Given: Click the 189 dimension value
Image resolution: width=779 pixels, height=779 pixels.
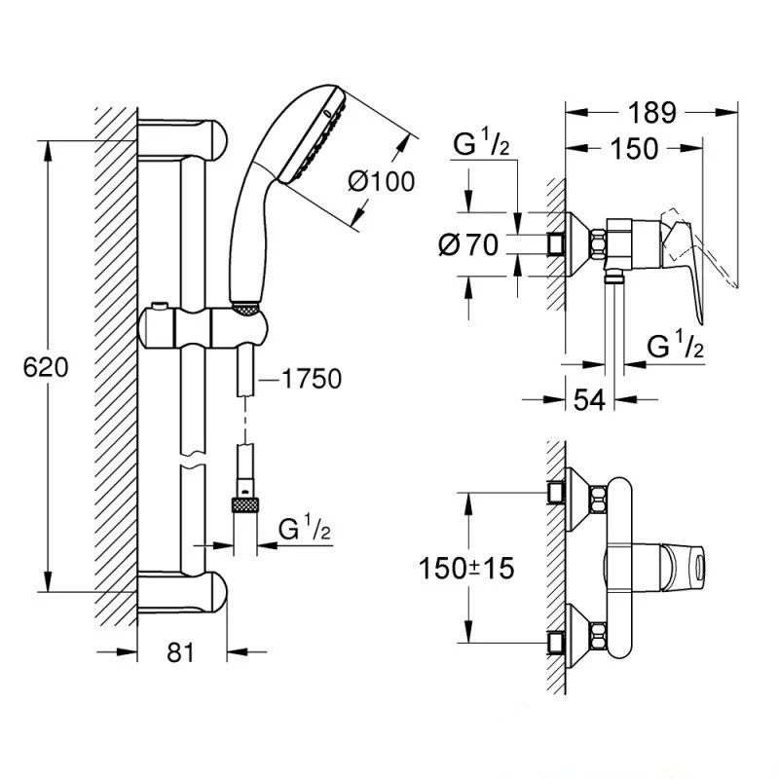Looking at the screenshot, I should pyautogui.click(x=650, y=113).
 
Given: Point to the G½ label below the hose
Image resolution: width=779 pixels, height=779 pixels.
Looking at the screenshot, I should pyautogui.click(x=304, y=531).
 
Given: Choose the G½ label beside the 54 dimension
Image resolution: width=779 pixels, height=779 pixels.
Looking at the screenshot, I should pyautogui.click(x=677, y=348).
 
